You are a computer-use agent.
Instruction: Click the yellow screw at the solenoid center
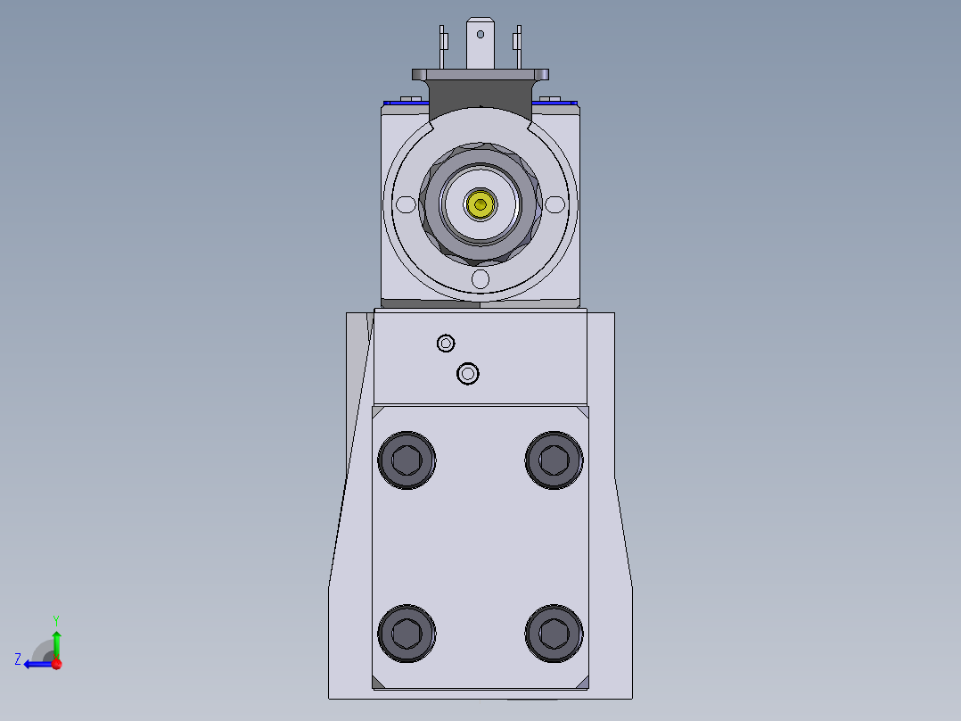tap(481, 205)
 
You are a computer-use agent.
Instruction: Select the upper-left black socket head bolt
tap(407, 460)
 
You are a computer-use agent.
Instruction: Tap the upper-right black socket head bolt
tap(554, 460)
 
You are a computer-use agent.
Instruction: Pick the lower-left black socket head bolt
tap(407, 633)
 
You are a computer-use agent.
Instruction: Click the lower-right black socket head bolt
tap(554, 633)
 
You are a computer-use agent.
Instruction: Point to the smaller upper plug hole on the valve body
tap(446, 343)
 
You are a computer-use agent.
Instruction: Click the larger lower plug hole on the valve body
tap(468, 374)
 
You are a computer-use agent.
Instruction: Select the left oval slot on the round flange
tap(406, 205)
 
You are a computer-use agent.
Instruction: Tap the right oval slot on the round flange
tap(556, 205)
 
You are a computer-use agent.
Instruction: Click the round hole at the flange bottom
tap(480, 280)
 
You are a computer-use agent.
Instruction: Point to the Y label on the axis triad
tap(55, 619)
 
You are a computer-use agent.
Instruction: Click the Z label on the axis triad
tap(18, 659)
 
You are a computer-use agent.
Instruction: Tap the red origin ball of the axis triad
tap(56, 663)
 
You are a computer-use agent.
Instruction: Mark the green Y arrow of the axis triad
tap(56, 642)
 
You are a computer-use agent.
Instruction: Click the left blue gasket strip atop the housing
tap(403, 103)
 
